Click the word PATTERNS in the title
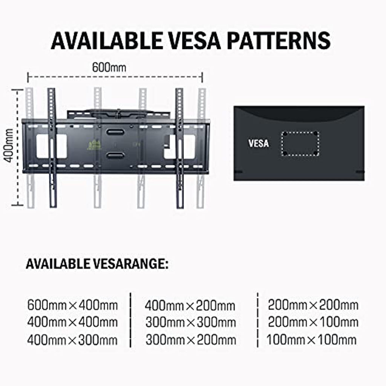(279, 40)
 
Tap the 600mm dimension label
(109, 67)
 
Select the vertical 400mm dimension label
(9, 146)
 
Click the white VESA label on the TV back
(259, 143)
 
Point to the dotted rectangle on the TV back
(300, 144)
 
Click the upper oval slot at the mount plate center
(115, 132)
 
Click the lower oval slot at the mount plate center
(115, 156)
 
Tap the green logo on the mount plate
(95, 144)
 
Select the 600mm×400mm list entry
(72, 305)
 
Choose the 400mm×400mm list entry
(72, 322)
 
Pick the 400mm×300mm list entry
(72, 340)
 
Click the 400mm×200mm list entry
(190, 306)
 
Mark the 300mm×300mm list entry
(190, 323)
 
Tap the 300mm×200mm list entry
(190, 340)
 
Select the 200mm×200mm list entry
(313, 305)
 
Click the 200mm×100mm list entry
(313, 322)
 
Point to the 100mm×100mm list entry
(311, 340)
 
